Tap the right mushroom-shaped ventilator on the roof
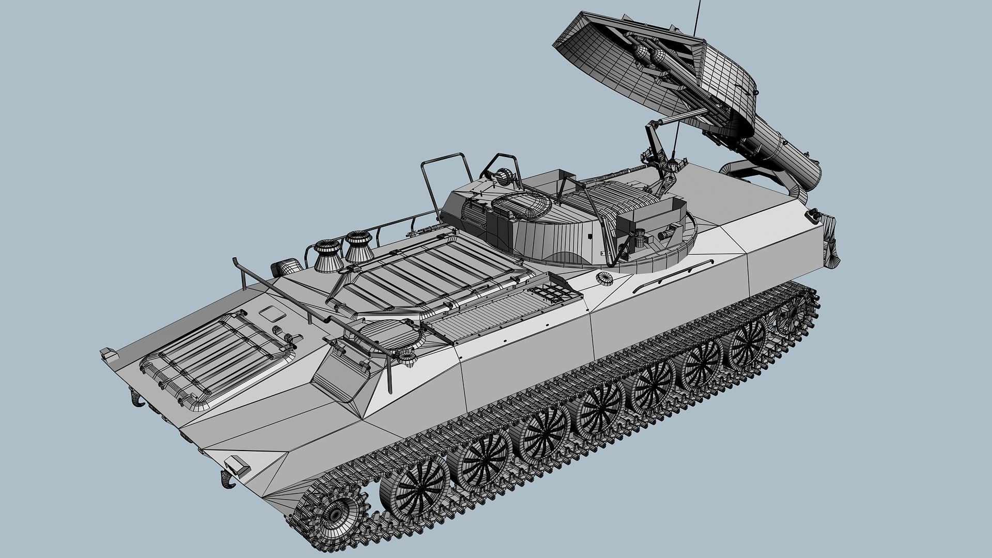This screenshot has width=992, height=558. pos(359,246)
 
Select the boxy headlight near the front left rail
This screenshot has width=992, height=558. pos(286,268)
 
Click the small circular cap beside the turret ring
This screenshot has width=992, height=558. pos(603,278)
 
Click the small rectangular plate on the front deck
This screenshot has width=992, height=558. pos(271,313)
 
